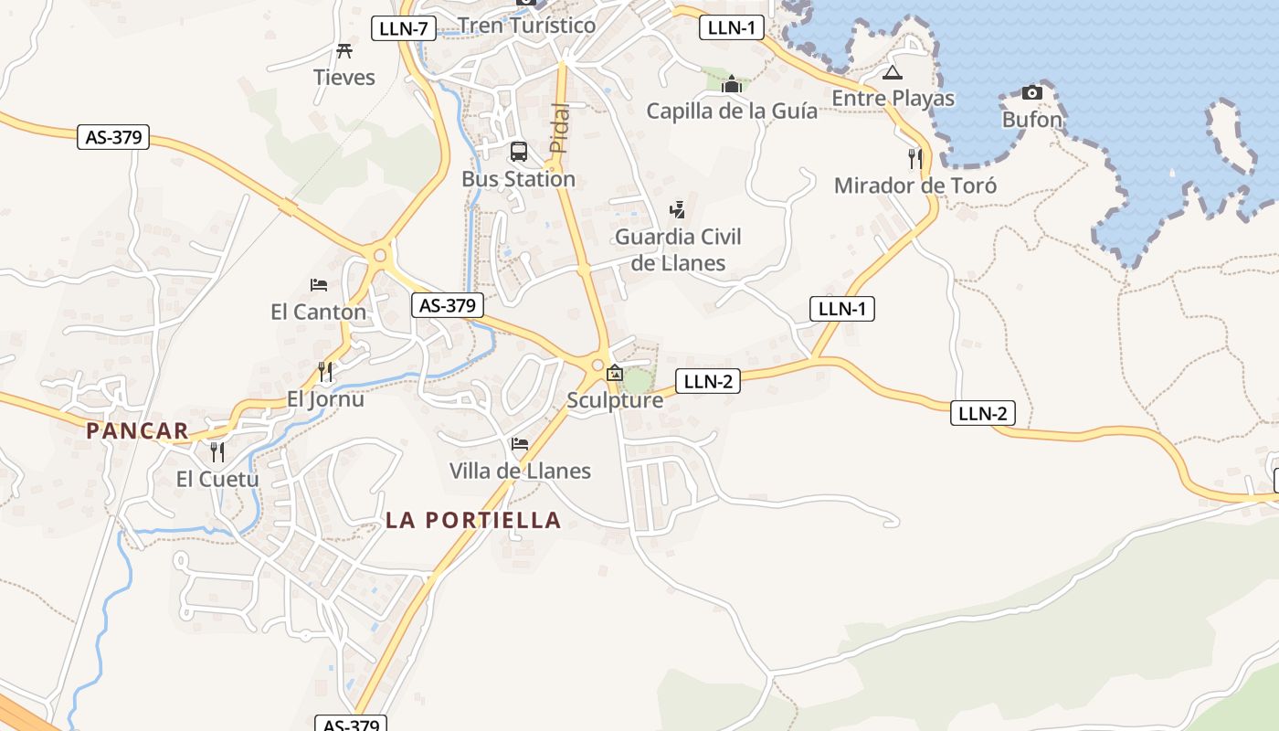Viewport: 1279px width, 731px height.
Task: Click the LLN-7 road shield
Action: [403, 28]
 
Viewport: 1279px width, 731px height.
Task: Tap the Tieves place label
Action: [344, 77]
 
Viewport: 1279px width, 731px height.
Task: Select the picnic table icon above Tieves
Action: [344, 50]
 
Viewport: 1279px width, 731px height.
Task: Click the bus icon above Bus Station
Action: [518, 152]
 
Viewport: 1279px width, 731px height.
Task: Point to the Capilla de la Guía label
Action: [732, 111]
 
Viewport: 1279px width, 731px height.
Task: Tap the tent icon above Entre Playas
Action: [893, 72]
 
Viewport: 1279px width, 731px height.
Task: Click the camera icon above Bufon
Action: [1032, 92]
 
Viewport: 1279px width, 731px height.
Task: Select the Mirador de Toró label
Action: [915, 185]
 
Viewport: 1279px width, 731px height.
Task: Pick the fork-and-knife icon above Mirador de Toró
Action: [915, 159]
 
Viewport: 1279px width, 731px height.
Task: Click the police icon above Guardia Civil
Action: [677, 210]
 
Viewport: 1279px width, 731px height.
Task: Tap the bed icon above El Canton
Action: [319, 285]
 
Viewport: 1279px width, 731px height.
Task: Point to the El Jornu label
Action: [325, 399]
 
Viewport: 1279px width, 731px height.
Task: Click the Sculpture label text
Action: [615, 400]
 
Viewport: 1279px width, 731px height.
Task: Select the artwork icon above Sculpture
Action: [615, 373]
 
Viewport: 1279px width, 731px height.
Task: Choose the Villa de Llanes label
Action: [520, 471]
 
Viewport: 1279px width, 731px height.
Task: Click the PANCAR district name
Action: [137, 430]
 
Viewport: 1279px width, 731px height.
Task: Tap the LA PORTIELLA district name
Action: [472, 520]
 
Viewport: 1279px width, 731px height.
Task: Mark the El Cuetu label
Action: [217, 479]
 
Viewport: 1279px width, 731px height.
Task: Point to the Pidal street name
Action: [559, 128]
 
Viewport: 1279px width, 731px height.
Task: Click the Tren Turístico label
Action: [526, 25]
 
